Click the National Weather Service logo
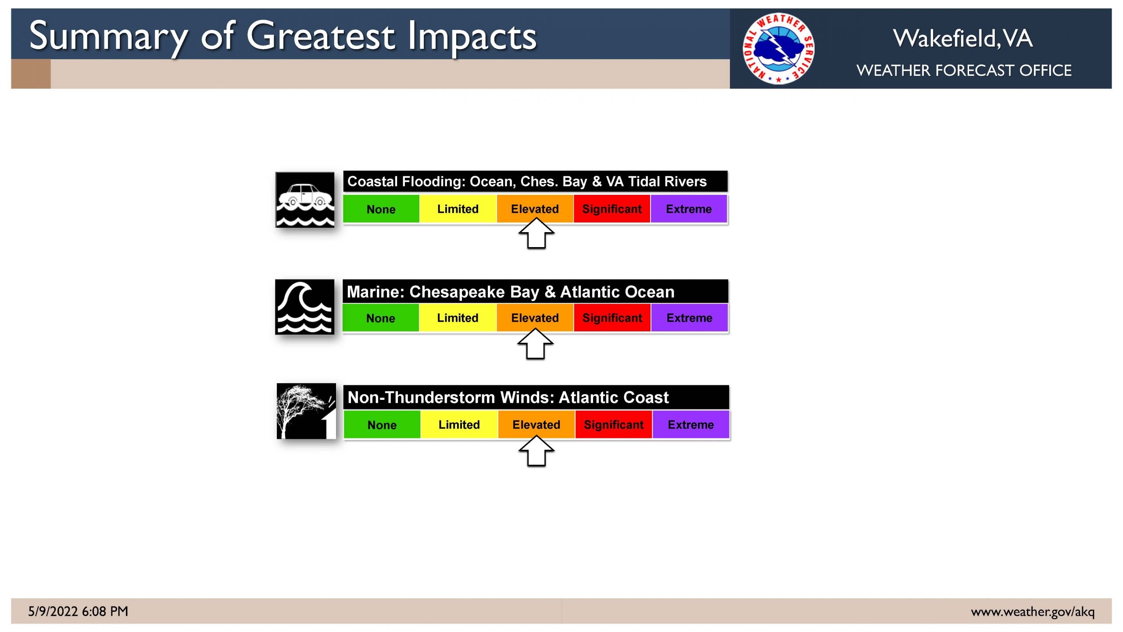point(778,48)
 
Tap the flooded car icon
point(305,200)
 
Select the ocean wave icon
point(304,307)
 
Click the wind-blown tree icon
point(306,411)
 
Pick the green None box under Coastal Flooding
point(381,209)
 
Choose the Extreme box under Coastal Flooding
point(689,209)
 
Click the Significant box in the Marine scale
point(612,318)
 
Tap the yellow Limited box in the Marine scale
point(458,318)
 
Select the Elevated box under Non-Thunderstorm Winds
point(536,424)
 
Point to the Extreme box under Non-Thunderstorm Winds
point(691,424)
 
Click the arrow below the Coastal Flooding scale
point(536,233)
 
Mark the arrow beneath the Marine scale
point(536,344)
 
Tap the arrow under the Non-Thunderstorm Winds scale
point(536,451)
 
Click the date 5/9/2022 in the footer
point(53,611)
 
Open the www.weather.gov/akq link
point(1033,612)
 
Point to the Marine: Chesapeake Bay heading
point(443,292)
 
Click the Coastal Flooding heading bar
point(535,181)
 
